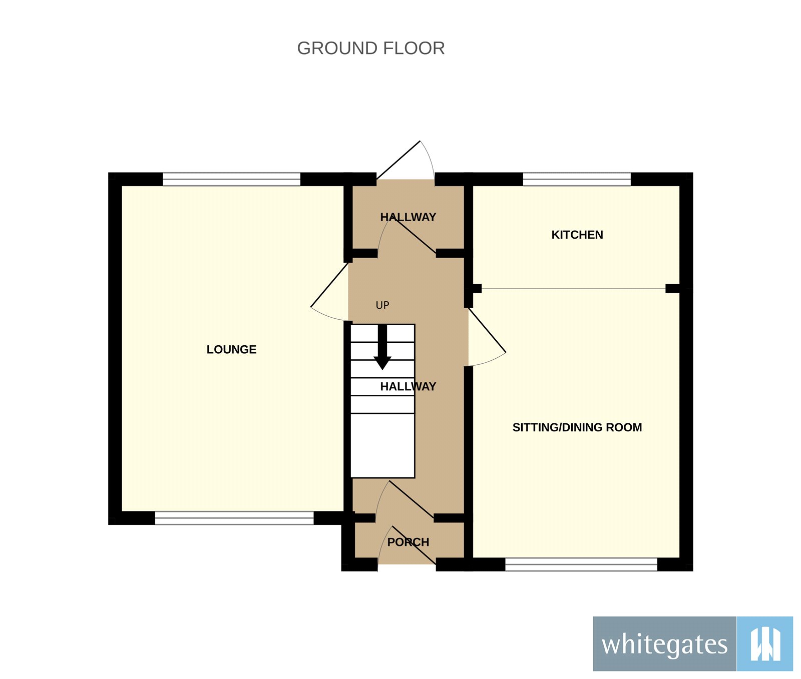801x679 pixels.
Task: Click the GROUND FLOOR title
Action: [370, 48]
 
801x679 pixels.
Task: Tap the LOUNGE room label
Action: [231, 349]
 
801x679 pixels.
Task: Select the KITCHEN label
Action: [577, 235]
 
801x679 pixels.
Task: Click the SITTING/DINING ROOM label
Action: [577, 427]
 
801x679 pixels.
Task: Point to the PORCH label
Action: [408, 542]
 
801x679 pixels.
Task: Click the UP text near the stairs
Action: [382, 305]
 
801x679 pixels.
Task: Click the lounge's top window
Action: [231, 179]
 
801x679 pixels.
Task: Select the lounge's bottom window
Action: [234, 518]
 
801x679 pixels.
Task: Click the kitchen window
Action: [577, 179]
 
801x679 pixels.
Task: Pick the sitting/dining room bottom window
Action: [581, 564]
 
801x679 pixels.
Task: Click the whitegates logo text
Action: [664, 644]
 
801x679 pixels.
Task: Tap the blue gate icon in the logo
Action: [765, 644]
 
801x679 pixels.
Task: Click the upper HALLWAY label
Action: [408, 217]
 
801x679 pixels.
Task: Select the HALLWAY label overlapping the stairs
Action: [408, 386]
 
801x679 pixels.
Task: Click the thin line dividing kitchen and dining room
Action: [573, 289]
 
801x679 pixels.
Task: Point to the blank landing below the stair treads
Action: [382, 445]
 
